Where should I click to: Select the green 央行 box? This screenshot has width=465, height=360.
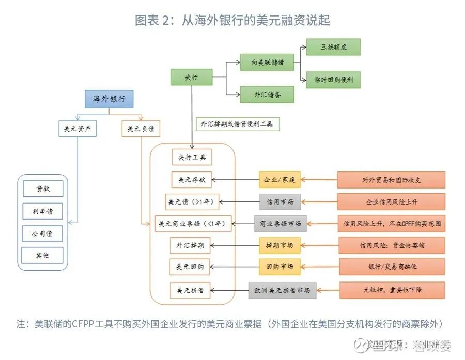pos(192,77)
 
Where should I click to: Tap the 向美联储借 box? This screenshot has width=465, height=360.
pos(267,63)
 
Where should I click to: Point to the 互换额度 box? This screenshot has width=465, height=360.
pos(333,47)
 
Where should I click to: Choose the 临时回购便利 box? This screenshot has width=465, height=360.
pos(333,80)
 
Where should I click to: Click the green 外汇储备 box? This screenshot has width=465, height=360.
pos(267,95)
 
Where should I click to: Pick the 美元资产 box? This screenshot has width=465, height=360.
pos(78,129)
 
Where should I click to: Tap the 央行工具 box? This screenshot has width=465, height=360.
pos(192,157)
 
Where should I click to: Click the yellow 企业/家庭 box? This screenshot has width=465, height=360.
pos(280,180)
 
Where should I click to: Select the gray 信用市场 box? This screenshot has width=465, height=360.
pos(280,201)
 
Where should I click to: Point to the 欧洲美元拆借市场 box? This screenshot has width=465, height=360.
pos(282,290)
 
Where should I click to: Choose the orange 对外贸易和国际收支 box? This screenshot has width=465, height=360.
pos(392,180)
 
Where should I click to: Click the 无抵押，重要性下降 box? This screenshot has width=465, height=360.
pos(392,290)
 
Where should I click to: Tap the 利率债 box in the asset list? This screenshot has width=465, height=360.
pos(43,211)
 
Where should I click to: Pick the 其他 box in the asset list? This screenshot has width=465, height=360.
pos(43,255)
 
